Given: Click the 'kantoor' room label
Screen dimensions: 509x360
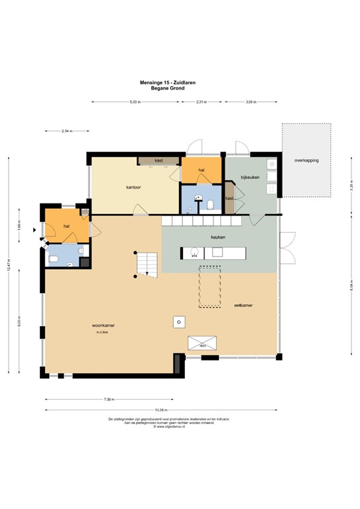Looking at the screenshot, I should coord(134,188).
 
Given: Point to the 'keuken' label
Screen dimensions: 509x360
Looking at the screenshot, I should coord(219,237).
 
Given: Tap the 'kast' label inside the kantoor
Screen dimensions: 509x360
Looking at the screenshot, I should coord(158,160).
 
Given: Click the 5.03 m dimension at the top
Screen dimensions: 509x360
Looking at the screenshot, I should coord(135,102).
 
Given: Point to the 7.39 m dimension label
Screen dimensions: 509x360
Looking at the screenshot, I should coord(109,399).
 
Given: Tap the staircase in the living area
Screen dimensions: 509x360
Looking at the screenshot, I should coord(147,264).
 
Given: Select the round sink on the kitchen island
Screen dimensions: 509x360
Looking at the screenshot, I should coord(194,253).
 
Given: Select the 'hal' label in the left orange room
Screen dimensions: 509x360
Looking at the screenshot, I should coord(66,227).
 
